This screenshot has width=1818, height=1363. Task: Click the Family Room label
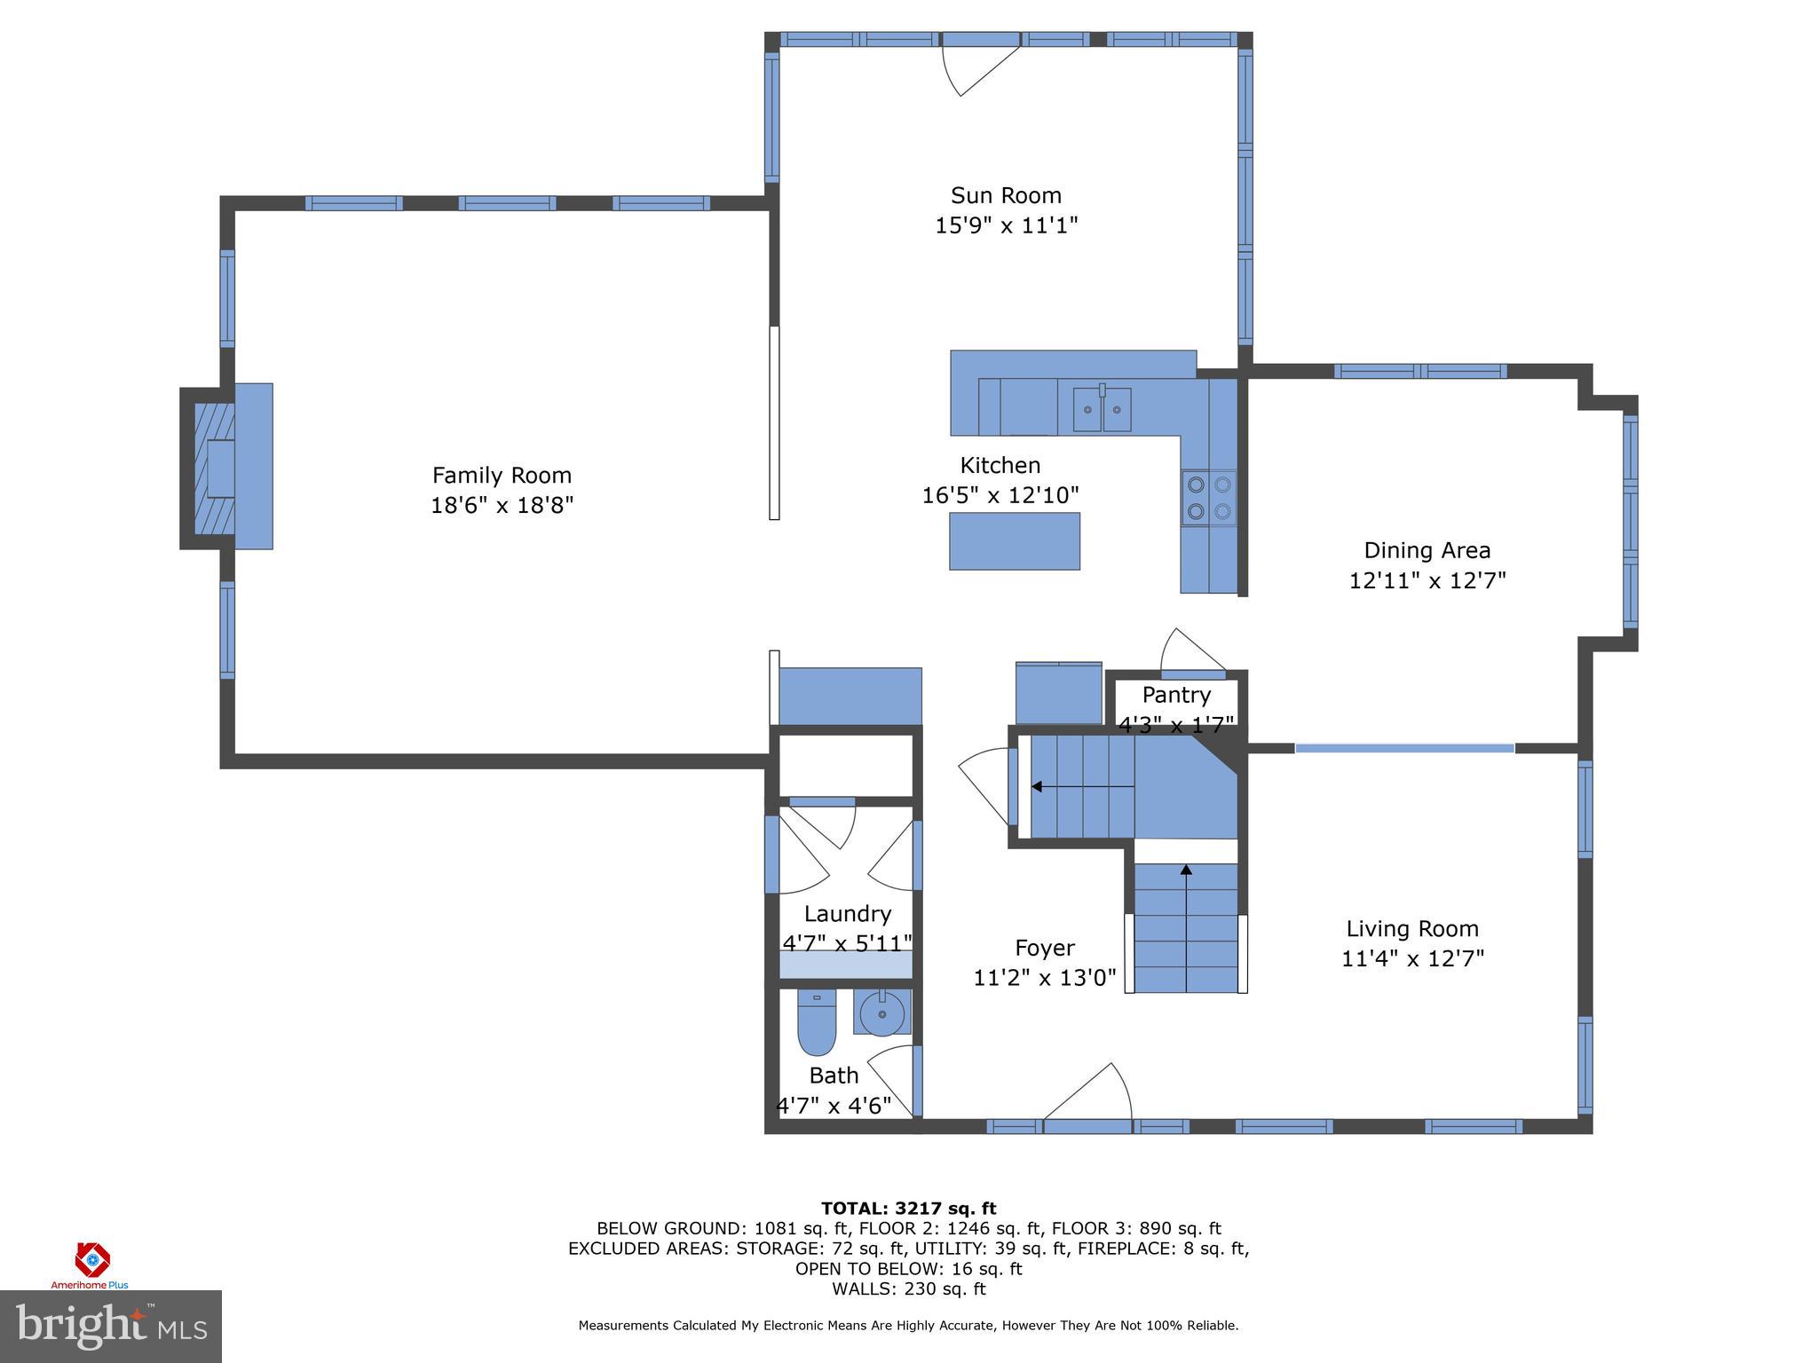(x=502, y=476)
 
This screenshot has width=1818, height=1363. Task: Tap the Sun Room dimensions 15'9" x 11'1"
(x=1006, y=225)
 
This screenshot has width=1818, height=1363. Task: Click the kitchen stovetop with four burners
(x=1209, y=498)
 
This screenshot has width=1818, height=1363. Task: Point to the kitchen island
(x=1015, y=541)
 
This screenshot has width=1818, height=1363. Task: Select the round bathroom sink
(x=881, y=1013)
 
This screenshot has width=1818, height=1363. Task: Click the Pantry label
(x=1176, y=695)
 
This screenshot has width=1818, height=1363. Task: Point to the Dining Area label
(x=1427, y=550)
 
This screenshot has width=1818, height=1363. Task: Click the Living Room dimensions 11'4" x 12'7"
(x=1412, y=959)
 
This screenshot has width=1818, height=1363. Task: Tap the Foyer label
(x=1044, y=948)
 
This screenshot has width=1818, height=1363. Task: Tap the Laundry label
(x=847, y=914)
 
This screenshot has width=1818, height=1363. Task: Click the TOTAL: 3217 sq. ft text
(x=908, y=1208)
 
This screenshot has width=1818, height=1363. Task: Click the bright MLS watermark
(x=110, y=1327)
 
